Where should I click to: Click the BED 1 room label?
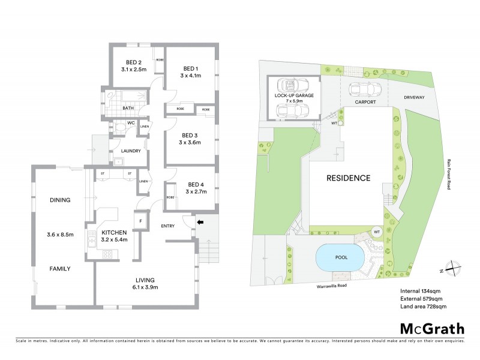[x=190, y=68]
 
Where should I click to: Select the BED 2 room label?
[x=133, y=62]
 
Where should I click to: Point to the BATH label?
[x=128, y=108]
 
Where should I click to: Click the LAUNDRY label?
[x=130, y=151]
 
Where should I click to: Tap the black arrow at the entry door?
[x=200, y=223]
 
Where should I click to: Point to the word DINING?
[x=60, y=200]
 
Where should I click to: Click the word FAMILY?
[x=60, y=269]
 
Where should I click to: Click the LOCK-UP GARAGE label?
[x=294, y=95]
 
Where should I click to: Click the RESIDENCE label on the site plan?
[x=348, y=178]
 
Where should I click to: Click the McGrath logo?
[x=431, y=328]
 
